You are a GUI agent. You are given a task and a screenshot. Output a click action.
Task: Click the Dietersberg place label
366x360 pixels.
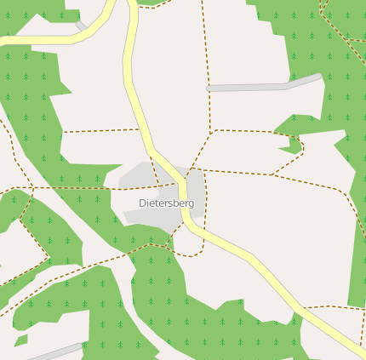tap(167, 203)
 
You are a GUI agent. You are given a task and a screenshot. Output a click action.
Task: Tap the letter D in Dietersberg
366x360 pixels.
tap(142, 203)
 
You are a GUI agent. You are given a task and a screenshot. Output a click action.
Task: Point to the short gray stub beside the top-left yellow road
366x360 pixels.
tap(81, 26)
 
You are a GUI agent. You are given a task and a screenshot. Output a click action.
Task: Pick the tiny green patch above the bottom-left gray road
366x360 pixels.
tap(20, 340)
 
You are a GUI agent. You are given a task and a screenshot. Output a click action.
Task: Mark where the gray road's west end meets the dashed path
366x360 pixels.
tap(209, 88)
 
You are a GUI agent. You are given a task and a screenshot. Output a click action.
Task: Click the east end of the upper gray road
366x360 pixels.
tap(319, 77)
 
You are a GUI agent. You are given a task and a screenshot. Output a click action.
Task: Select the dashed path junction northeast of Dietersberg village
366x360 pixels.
tap(211, 131)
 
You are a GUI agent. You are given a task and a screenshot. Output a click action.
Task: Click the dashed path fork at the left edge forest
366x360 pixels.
tap(32, 188)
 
